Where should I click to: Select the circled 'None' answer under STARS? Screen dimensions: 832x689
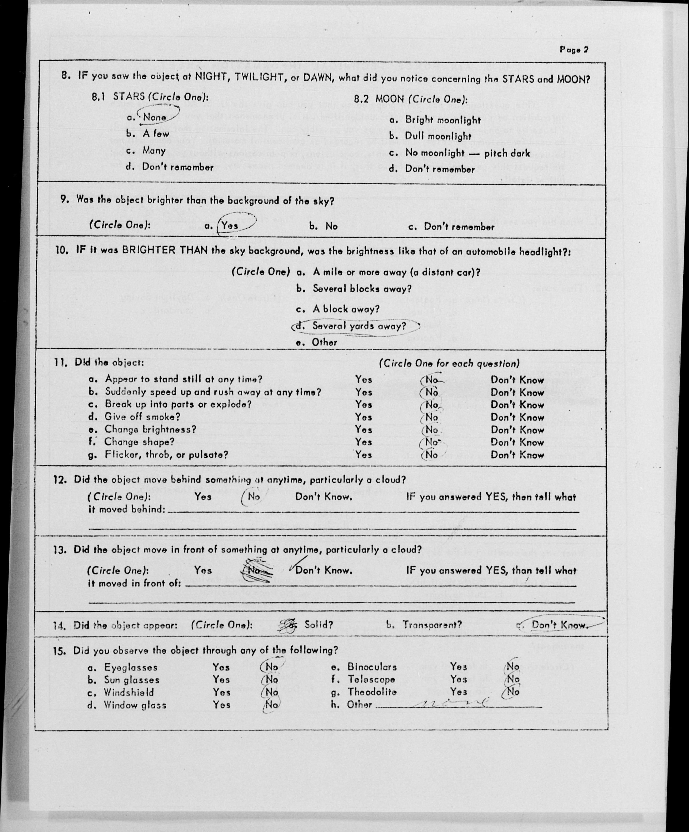(154, 117)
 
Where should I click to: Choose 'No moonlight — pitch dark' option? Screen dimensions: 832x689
(467, 153)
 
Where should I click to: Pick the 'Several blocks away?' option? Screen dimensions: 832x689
(362, 289)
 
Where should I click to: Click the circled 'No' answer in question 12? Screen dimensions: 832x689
(253, 497)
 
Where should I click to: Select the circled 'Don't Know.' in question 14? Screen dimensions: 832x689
(558, 625)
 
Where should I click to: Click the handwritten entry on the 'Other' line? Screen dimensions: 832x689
(452, 704)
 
